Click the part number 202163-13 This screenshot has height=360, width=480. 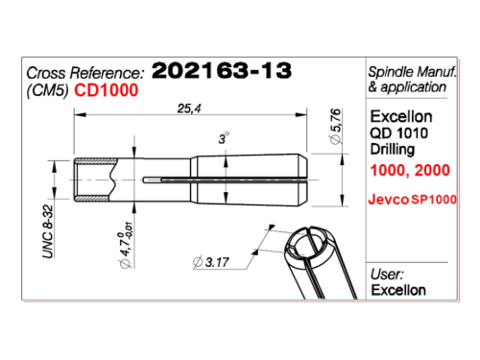tap(222, 70)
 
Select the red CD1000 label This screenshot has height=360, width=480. tap(107, 90)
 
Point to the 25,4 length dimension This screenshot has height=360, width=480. tap(189, 108)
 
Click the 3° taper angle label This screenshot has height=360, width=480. tap(224, 138)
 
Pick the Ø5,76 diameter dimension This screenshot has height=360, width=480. tap(335, 127)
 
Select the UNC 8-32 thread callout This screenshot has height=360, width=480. tap(48, 231)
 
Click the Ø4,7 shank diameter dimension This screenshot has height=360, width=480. tap(126, 246)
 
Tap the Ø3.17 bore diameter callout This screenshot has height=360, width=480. tap(211, 262)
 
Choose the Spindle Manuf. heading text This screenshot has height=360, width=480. tap(412, 72)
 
